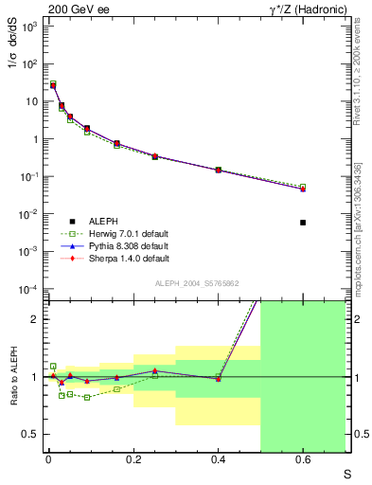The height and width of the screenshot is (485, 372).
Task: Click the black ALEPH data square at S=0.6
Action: click(x=303, y=223)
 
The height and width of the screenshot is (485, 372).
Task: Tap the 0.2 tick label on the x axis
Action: click(x=133, y=461)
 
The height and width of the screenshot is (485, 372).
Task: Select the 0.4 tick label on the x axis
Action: click(x=218, y=461)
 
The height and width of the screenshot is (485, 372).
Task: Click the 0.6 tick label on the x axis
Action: click(x=303, y=461)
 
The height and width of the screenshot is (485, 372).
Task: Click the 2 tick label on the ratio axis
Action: click(x=34, y=319)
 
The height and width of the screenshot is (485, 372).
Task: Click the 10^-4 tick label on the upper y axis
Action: click(x=27, y=288)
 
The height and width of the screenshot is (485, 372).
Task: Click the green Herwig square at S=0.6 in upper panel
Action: click(x=303, y=187)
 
